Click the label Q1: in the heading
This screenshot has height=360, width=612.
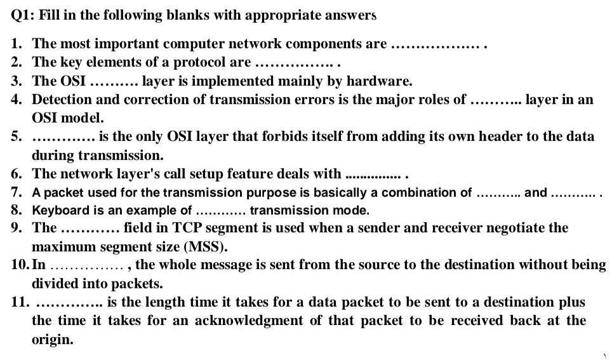(x=22, y=16)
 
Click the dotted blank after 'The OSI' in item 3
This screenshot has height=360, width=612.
(x=114, y=81)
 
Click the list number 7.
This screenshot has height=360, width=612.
(x=17, y=192)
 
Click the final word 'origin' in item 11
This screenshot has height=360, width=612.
(x=51, y=340)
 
